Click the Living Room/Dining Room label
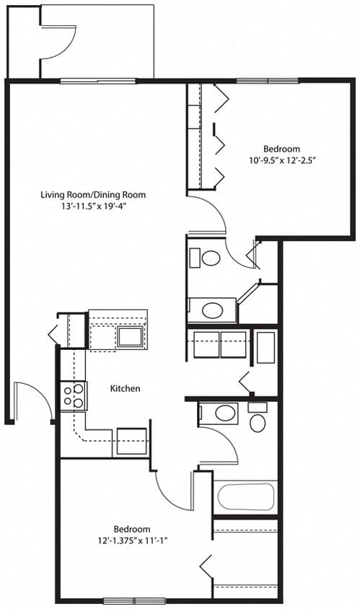93,194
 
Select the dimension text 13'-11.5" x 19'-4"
93,206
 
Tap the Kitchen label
125,389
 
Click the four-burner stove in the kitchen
74,395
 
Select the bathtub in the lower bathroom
245,497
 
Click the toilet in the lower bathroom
258,419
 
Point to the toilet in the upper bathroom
210,258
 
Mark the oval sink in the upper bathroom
212,310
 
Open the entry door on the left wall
32,400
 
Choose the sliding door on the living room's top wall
98,80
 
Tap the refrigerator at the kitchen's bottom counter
131,441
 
